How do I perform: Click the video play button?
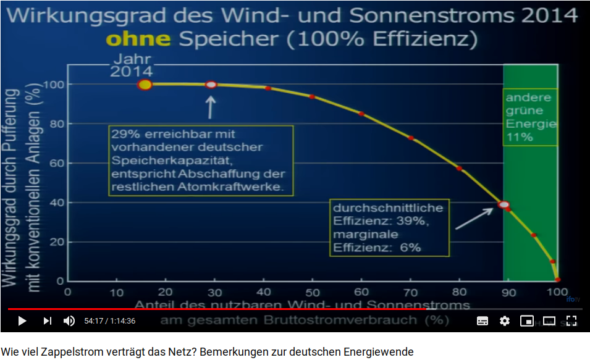[22, 320]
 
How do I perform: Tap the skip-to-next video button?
[48, 320]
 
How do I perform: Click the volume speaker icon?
[69, 320]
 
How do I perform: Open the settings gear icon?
[505, 320]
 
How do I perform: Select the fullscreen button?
[571, 320]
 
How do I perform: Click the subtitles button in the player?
[483, 320]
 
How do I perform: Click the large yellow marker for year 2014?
[145, 85]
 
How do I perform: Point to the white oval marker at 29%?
[211, 84]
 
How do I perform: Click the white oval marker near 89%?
[504, 204]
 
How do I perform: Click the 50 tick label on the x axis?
[312, 292]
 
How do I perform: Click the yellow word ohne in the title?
[138, 40]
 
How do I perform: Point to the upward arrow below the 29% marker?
[211, 107]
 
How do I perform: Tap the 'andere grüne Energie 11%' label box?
[530, 117]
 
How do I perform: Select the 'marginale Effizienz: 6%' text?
[377, 241]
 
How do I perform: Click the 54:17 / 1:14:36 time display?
[110, 321]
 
